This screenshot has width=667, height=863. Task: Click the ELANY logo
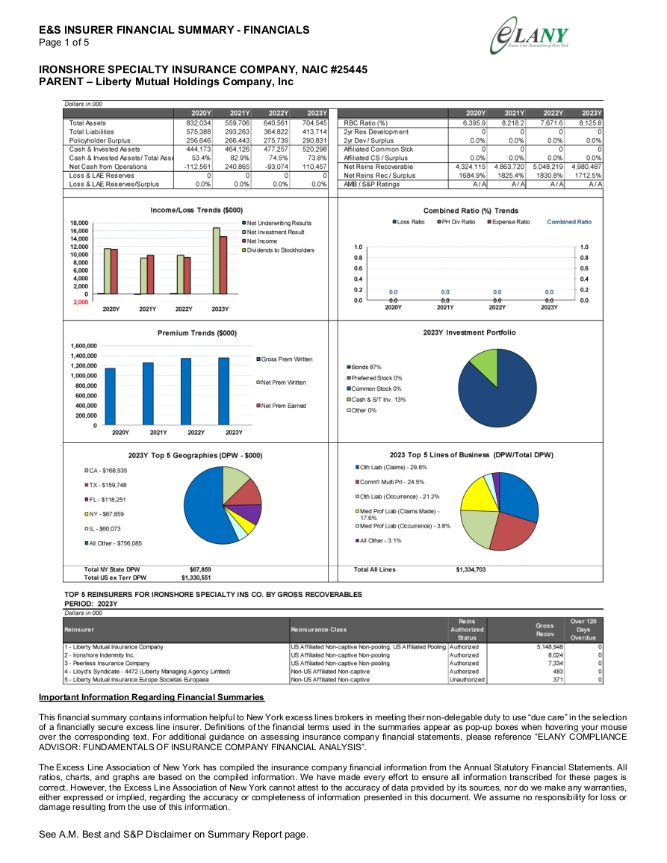[529, 36]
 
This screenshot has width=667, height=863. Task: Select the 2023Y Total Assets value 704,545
[314, 123]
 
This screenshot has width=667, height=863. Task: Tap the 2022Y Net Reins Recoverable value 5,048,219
[548, 167]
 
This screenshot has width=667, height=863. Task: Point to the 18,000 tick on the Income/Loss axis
[79, 223]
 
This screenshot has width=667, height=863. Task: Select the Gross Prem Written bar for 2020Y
[110, 396]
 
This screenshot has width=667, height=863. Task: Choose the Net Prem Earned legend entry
[282, 406]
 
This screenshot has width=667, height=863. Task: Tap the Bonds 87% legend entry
[364, 367]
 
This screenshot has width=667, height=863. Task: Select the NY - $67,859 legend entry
[104, 514]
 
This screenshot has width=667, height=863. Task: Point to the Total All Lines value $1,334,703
[471, 569]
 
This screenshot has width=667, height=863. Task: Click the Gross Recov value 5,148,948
[550, 647]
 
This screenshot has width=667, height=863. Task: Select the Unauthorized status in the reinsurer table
[468, 680]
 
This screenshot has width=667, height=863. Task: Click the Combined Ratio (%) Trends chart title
[471, 211]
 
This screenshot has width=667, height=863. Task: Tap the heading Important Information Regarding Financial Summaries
[152, 697]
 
